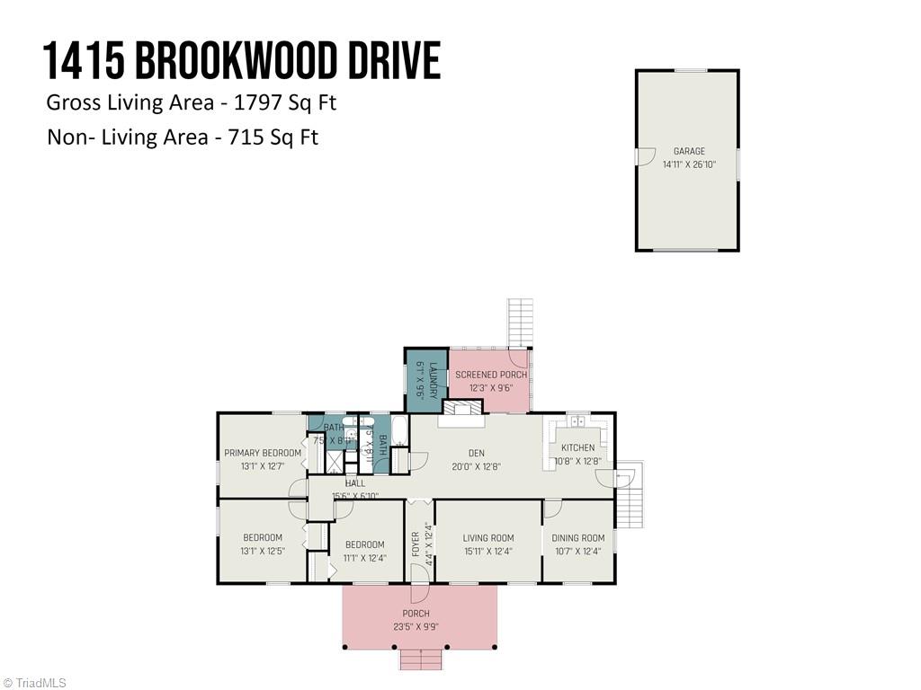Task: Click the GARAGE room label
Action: [689, 152]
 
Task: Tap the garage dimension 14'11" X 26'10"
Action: [689, 164]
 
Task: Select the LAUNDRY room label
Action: [433, 380]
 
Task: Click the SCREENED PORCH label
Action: [491, 375]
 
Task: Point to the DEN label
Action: [476, 454]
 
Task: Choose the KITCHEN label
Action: [577, 447]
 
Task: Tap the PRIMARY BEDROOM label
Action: [263, 454]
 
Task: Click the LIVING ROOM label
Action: [488, 538]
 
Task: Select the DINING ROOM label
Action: [578, 538]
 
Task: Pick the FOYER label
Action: [416, 546]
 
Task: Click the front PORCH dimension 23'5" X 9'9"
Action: [416, 627]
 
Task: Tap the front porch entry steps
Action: [421, 660]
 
